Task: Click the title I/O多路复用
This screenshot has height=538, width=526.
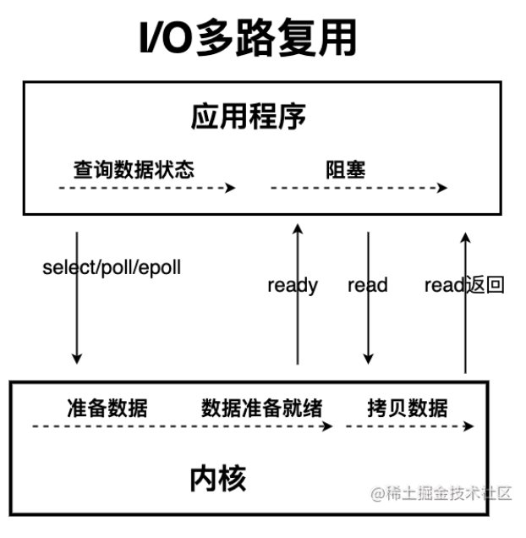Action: pos(247,39)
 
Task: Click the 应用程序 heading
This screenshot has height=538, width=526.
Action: pos(247,118)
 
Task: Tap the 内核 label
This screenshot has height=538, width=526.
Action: pos(217,479)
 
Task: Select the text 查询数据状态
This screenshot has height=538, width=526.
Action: pos(134,169)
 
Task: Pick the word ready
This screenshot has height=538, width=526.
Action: pos(292,285)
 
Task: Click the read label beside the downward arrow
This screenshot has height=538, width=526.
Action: pos(367,285)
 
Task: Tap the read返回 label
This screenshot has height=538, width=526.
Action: pos(463,285)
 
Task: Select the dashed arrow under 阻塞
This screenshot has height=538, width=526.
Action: pos(359,188)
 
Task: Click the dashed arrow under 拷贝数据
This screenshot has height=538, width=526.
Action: pos(410,427)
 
